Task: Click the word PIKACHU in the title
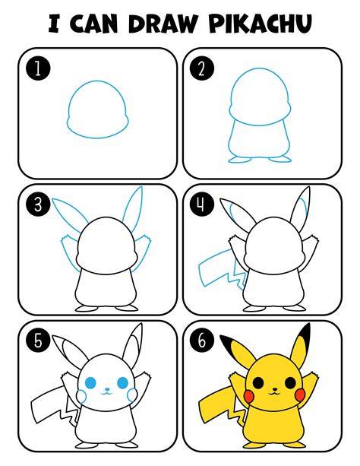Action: point(261,23)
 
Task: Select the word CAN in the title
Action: point(94,23)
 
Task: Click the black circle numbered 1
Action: point(38,69)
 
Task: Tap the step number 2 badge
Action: point(202,69)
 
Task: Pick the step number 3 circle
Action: point(38,205)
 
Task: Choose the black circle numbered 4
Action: point(202,205)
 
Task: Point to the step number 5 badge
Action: point(38,341)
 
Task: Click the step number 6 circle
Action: point(202,341)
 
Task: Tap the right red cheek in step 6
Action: point(300,395)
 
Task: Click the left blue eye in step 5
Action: point(90,383)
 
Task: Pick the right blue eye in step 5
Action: point(123,383)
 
